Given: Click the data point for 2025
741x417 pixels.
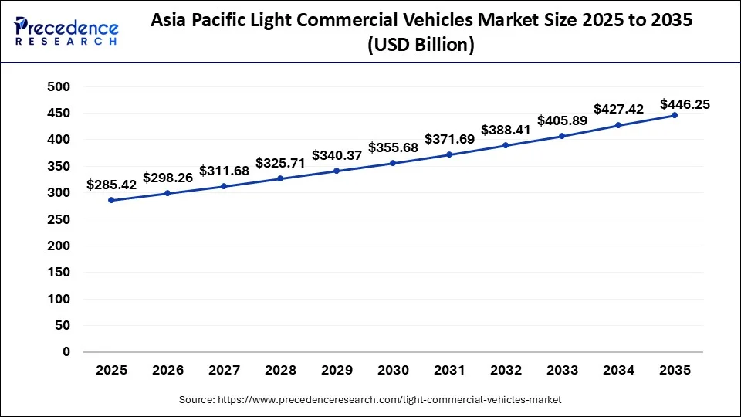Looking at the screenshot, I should coord(111,200).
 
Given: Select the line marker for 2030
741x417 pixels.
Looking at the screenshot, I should coord(393,163).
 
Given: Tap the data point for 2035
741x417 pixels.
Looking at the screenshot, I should coord(675,115).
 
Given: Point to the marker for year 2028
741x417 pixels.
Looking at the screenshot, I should coord(280,178).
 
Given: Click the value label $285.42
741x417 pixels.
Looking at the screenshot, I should coord(111,185).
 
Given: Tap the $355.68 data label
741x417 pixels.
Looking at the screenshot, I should coord(393,147).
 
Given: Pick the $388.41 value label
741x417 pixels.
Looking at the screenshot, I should coord(506,130).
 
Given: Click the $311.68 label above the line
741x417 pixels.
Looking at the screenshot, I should coord(224,171).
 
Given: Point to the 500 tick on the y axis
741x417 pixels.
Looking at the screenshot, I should coord(59,86).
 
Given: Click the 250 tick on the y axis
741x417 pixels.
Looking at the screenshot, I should coord(59,219).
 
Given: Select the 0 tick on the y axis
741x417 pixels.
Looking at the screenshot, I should coord(66,352).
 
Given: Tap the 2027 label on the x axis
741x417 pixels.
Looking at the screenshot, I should coord(224,371).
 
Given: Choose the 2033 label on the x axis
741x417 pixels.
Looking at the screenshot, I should coord(562,371).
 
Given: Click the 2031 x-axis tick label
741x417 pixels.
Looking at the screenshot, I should coord(449,371).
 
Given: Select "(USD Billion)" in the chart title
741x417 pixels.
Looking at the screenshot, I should coord(420,46).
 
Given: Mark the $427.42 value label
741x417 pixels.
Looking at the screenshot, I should coord(618,109).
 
